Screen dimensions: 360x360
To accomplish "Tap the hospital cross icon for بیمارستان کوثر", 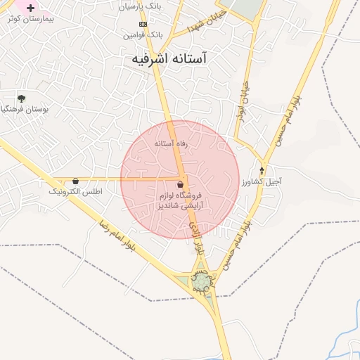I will tap(30, 8).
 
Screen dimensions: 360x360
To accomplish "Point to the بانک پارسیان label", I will tap(141, 7).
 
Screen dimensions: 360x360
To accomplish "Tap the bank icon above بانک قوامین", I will tap(143, 24).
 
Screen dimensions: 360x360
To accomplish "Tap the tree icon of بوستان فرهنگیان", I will tap(22, 98).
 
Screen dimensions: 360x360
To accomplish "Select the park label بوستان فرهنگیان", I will tap(25, 109).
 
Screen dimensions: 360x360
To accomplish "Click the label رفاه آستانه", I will tap(172, 143).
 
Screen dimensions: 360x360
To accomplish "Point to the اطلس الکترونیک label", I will tap(75, 191).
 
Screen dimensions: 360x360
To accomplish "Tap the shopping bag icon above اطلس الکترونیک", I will tap(75, 181).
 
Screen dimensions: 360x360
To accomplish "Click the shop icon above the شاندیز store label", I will tap(181, 184).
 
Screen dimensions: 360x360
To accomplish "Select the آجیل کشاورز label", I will tap(262, 181).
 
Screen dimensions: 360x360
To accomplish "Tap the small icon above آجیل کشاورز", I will tap(262, 171).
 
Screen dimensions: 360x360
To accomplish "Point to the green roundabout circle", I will tap(202, 281).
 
